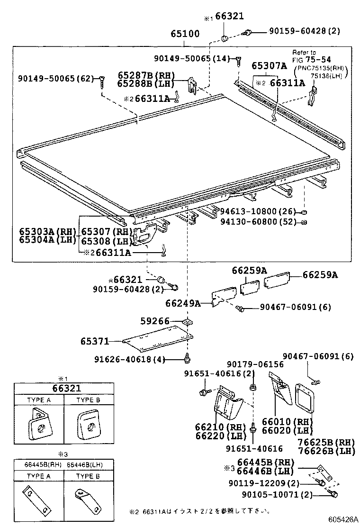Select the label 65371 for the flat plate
tap(95, 341)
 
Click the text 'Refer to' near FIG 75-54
tap(304, 52)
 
